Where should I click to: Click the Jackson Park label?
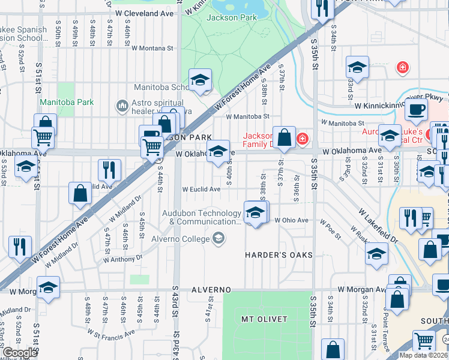(231, 17)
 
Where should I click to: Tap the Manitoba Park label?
(67, 102)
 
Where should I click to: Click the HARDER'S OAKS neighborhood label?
(279, 255)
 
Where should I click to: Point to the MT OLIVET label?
(264, 319)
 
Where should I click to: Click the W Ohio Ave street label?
(291, 220)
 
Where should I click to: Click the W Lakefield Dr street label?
(379, 226)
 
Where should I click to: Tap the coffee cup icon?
(415, 110)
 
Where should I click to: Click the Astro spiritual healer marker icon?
(122, 107)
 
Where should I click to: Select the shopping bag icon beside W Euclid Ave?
(80, 194)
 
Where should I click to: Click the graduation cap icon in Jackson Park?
(200, 79)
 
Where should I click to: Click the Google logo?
(19, 353)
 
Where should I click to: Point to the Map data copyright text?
(423, 355)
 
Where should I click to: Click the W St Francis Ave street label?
(113, 338)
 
